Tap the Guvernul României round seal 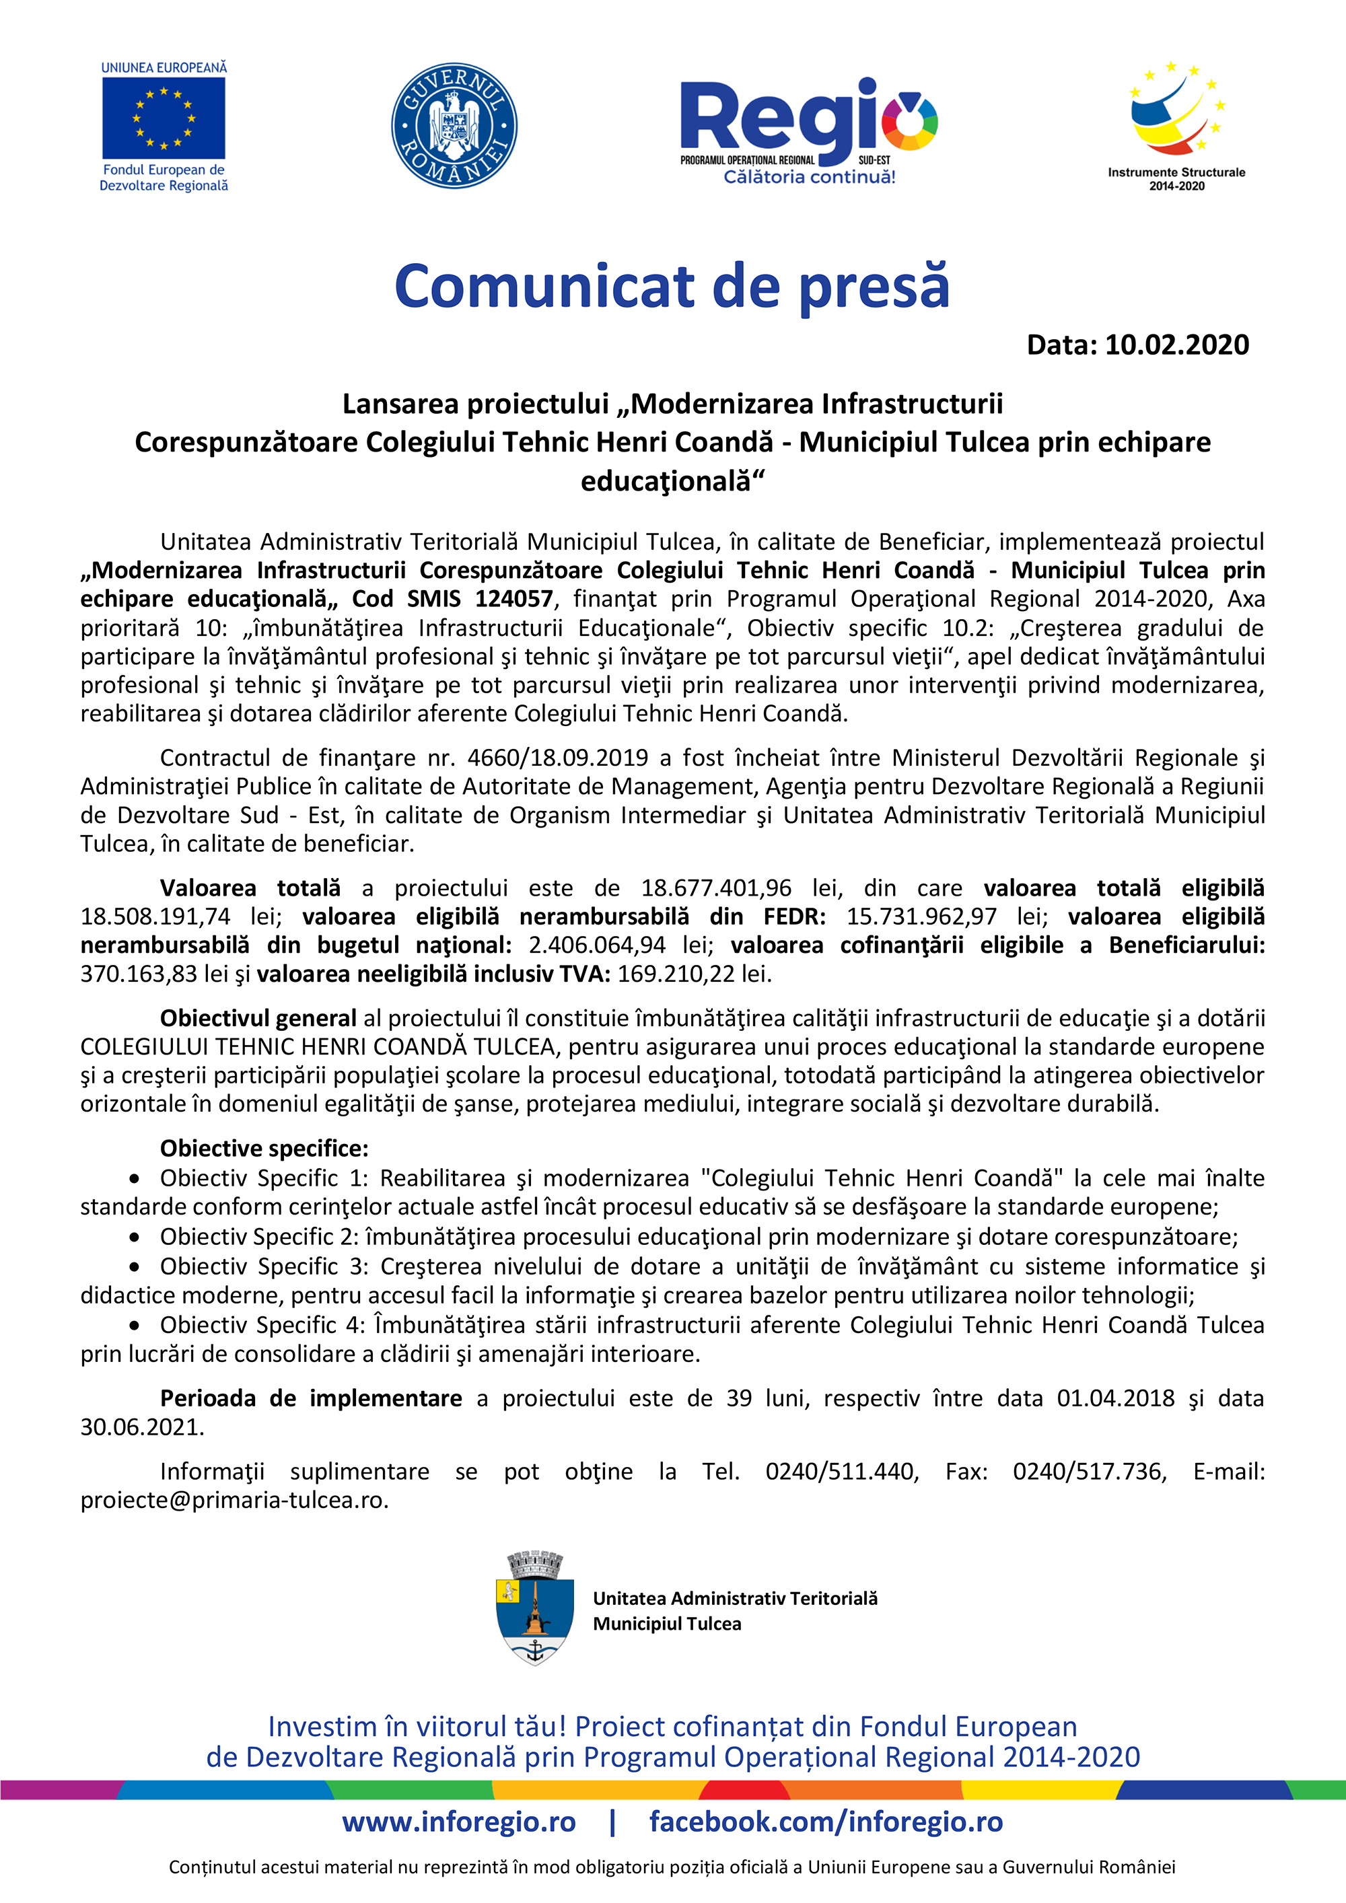454,125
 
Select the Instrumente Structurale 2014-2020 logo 1176,124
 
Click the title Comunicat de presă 672,286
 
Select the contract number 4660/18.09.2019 558,758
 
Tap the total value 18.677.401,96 716,888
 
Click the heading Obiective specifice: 264,1149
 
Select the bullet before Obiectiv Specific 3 135,1267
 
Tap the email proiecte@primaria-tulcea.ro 234,1500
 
